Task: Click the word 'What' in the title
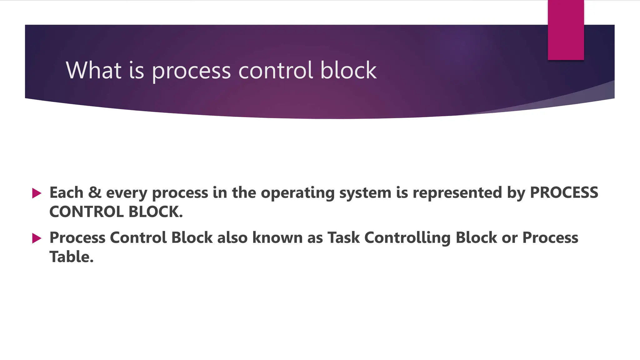pyautogui.click(x=93, y=70)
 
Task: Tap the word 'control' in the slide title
pyautogui.click(x=276, y=70)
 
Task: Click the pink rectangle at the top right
pyautogui.click(x=566, y=30)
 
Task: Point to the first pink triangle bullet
pyautogui.click(x=37, y=193)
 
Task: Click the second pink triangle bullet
pyautogui.click(x=37, y=238)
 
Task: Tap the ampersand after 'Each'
pyautogui.click(x=95, y=192)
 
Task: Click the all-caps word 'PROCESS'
pyautogui.click(x=564, y=192)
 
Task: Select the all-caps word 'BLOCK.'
pyautogui.click(x=156, y=212)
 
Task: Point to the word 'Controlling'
pyautogui.click(x=407, y=238)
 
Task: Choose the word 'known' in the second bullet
pyautogui.click(x=277, y=237)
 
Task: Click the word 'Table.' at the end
pyautogui.click(x=72, y=257)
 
